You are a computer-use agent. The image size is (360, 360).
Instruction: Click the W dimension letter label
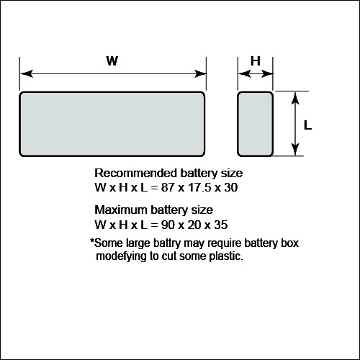click(x=112, y=60)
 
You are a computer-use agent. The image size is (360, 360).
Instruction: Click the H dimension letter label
click(x=256, y=61)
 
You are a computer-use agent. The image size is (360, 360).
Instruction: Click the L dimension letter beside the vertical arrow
click(x=307, y=125)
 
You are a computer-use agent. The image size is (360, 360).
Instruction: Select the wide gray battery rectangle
click(x=112, y=124)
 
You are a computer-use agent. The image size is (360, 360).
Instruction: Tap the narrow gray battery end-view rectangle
click(x=256, y=124)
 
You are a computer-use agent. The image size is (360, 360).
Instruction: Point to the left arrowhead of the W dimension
click(x=27, y=73)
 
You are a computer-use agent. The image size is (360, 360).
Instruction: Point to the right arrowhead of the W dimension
click(x=200, y=73)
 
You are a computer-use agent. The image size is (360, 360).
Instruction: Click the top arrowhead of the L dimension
click(x=295, y=98)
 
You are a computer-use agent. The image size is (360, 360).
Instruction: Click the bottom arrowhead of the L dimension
click(x=295, y=149)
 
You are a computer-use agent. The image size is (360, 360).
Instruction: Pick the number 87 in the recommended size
click(x=168, y=187)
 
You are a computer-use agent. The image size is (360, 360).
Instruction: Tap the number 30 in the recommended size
click(x=231, y=187)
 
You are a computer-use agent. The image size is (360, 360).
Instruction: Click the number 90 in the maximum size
click(x=168, y=225)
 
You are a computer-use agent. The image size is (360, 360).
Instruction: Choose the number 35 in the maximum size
click(x=221, y=225)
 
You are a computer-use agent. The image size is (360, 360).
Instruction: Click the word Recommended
click(x=136, y=173)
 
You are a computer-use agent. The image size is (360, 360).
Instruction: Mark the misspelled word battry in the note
click(x=167, y=243)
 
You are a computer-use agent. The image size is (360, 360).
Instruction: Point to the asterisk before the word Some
click(x=92, y=240)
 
